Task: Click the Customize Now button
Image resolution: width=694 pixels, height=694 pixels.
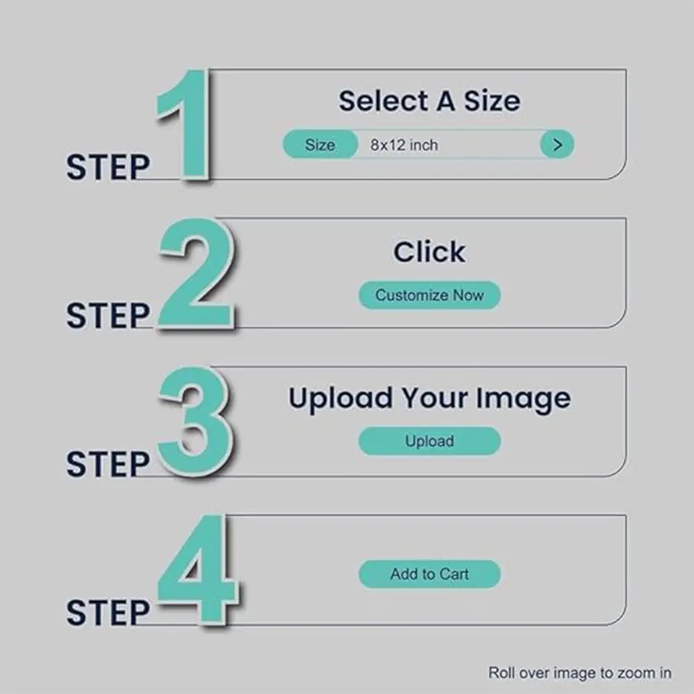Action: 430,295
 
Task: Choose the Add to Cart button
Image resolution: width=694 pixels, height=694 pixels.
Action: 430,574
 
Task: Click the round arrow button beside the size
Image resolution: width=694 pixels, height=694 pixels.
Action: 557,144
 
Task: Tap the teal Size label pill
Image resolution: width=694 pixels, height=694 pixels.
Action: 320,144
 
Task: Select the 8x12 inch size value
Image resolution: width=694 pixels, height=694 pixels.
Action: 404,145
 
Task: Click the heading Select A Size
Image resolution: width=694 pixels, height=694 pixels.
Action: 430,101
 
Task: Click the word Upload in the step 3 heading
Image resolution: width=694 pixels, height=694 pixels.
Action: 340,399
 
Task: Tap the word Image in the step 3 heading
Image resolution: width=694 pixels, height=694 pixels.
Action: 523,399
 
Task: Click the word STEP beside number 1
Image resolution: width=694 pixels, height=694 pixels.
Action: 108,167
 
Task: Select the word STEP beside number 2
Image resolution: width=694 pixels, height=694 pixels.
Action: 108,316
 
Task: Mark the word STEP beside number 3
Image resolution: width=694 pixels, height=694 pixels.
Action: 108,464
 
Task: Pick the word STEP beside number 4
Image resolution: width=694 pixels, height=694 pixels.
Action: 108,613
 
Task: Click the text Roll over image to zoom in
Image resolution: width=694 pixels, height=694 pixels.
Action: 579,672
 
